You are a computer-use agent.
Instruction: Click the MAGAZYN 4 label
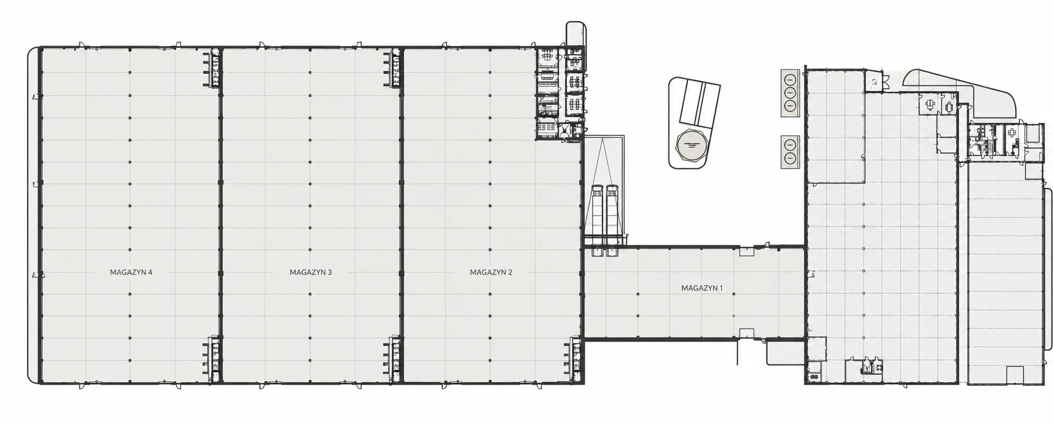131,272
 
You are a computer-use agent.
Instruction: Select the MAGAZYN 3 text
310,272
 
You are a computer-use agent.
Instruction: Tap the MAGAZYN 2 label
491,272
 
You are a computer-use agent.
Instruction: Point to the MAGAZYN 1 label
702,288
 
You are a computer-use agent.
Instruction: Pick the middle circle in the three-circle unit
789,92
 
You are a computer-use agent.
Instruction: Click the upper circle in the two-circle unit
789,145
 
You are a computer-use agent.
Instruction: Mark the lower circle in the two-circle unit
789,158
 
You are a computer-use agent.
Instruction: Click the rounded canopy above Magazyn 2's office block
576,34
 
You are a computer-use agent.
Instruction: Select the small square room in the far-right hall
1014,375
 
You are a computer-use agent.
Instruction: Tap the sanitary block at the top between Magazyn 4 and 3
212,68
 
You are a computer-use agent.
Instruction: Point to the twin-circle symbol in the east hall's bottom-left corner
814,378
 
